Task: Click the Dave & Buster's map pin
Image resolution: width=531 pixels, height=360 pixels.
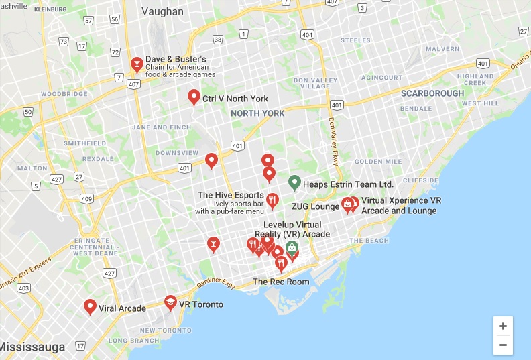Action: click(x=136, y=64)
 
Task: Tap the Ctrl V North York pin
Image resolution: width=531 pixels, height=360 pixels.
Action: click(x=194, y=97)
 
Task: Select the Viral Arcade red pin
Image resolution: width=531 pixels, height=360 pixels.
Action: click(x=90, y=306)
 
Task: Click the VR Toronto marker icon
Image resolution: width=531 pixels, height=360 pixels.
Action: click(x=170, y=303)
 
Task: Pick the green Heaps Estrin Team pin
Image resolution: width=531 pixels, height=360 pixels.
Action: click(x=294, y=182)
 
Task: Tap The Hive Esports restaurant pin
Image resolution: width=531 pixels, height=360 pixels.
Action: click(x=272, y=199)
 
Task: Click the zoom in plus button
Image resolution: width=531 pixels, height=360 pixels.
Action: click(x=503, y=326)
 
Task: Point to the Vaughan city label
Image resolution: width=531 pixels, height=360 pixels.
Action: click(x=162, y=11)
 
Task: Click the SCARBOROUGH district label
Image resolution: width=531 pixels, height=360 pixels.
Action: click(x=432, y=93)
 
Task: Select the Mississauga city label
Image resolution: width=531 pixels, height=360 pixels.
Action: click(x=33, y=347)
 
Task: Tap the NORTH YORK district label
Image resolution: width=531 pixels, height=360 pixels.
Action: click(x=257, y=113)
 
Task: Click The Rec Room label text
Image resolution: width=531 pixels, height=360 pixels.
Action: click(x=281, y=282)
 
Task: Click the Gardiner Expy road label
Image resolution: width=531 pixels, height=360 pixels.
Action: click(x=216, y=284)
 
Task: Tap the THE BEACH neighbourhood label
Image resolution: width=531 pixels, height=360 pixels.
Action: click(x=368, y=241)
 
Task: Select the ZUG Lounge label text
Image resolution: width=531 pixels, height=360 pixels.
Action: click(x=315, y=206)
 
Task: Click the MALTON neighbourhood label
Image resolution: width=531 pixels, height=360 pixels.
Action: click(x=32, y=168)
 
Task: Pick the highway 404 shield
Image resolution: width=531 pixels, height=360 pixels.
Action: click(x=307, y=34)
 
